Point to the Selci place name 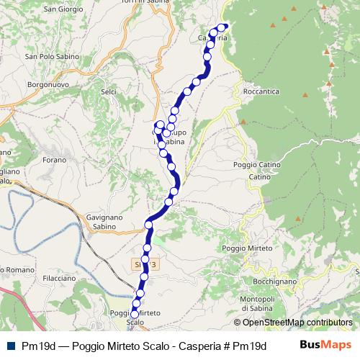[109, 93]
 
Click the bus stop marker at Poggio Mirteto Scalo [135, 314]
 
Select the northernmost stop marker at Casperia [222, 27]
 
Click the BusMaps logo [325, 345]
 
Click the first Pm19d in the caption [39, 346]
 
